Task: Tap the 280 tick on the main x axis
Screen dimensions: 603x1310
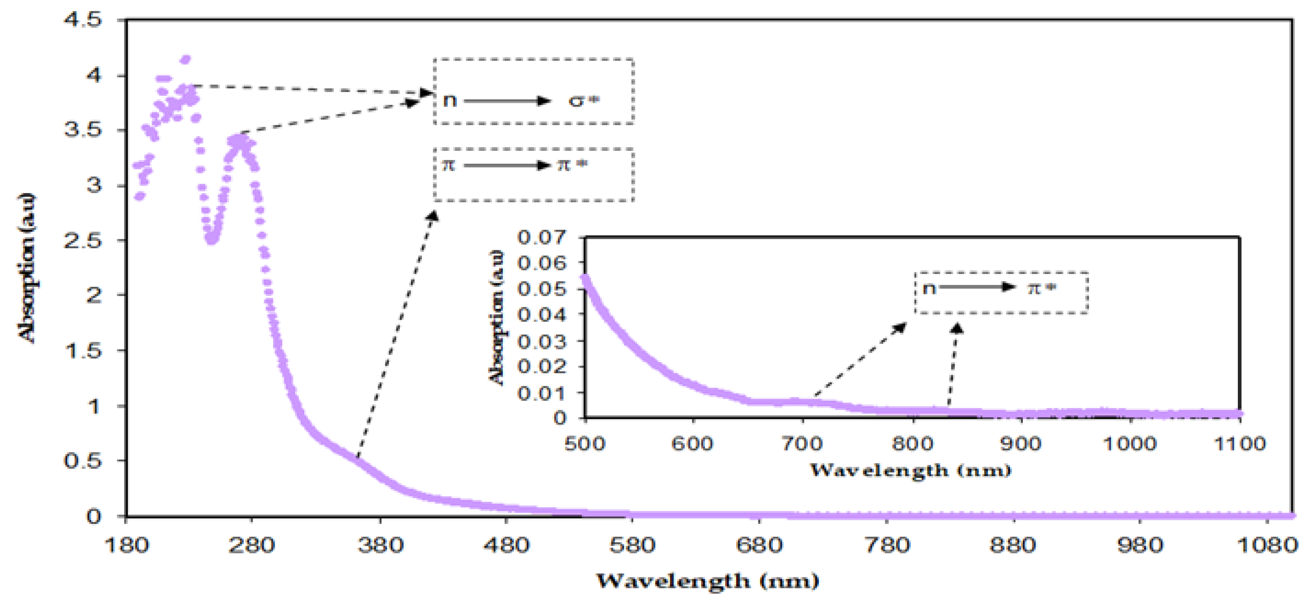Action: [251, 545]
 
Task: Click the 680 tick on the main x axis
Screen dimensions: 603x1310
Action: [759, 545]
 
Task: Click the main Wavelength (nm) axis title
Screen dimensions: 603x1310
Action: [707, 581]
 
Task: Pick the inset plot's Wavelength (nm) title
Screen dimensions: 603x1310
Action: [910, 470]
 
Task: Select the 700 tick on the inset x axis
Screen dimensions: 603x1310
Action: [802, 444]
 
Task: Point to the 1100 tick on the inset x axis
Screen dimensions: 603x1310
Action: [1239, 444]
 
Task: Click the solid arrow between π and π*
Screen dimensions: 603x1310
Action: [506, 166]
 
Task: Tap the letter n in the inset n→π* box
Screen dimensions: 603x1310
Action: [929, 288]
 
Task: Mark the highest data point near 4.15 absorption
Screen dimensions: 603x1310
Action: [186, 60]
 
